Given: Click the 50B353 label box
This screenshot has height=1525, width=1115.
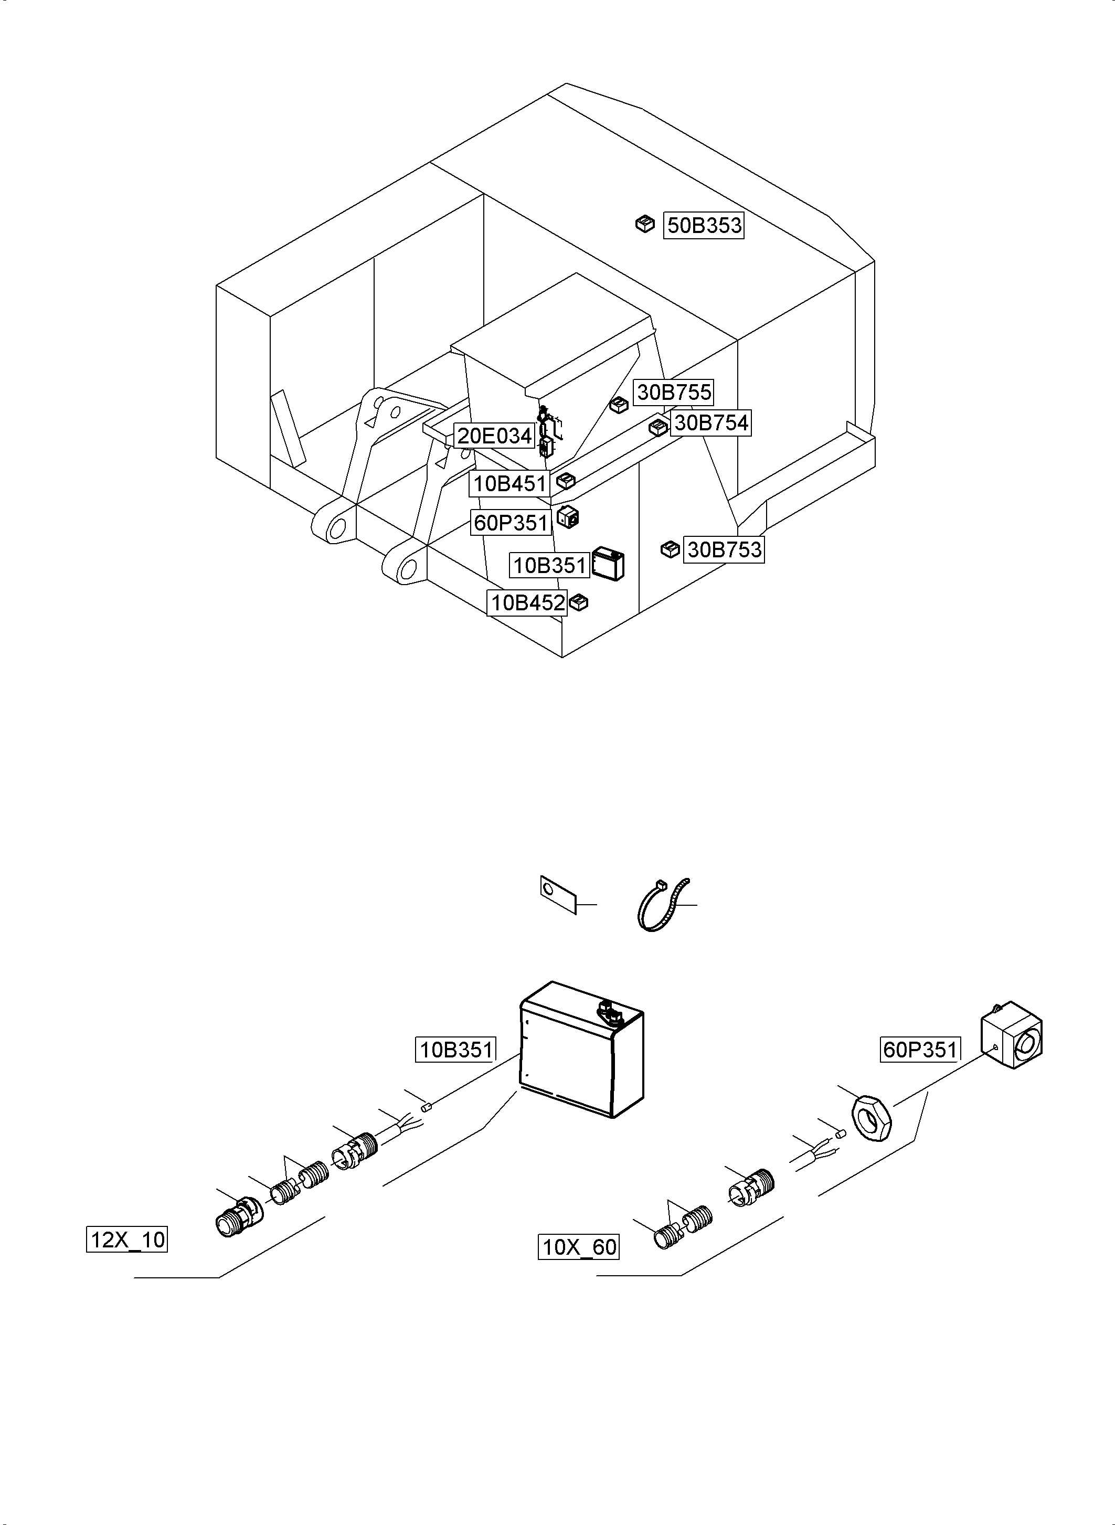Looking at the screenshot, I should tap(704, 226).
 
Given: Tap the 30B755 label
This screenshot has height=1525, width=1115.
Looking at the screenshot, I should tap(674, 392).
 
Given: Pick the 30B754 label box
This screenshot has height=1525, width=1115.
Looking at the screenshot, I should tap(710, 423).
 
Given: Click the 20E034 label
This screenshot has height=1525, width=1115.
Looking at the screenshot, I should tap(495, 436).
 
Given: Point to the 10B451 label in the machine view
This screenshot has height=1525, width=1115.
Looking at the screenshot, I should tap(509, 484).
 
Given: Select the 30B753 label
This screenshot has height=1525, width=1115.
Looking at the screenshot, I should tap(724, 550).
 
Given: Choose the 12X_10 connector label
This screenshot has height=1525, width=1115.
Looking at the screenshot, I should tap(127, 1240).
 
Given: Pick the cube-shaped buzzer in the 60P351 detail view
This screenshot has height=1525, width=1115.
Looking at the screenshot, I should tap(1011, 1045).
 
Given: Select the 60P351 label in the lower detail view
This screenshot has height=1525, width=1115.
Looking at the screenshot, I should tap(920, 1050).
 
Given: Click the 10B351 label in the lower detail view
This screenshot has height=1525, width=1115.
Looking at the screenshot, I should tap(455, 1050).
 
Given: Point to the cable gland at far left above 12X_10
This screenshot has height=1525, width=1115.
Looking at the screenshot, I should tap(238, 1221).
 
